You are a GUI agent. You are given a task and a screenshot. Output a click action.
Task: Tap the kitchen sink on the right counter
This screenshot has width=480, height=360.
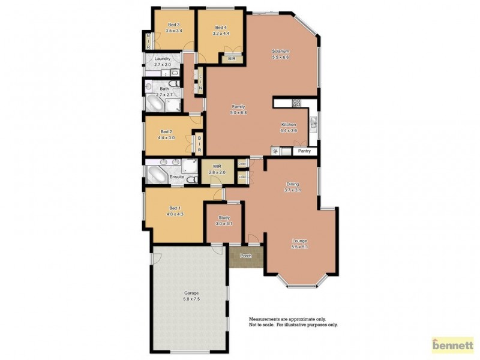313,124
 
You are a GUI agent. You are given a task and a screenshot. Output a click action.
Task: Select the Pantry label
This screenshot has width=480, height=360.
305,151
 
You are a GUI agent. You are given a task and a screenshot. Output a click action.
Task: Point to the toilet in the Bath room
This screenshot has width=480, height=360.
173,83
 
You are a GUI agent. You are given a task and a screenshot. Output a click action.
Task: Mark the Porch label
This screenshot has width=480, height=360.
245,256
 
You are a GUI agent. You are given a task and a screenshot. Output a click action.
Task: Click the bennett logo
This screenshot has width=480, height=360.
452,346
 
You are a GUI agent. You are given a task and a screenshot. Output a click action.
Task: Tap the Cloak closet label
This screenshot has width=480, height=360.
242,163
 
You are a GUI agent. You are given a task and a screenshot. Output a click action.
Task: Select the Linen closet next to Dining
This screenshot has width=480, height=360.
242,176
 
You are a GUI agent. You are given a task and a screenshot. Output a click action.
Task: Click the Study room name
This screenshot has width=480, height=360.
224,218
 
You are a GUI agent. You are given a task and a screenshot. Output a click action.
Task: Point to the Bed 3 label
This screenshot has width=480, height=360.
173,24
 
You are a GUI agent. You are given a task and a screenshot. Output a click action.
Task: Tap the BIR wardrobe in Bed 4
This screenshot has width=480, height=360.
231,59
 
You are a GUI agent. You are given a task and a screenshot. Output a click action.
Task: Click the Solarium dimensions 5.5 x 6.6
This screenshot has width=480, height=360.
281,58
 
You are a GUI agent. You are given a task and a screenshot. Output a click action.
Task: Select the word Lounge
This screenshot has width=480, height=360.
299,241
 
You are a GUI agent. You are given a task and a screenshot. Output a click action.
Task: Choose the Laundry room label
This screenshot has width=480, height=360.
163,58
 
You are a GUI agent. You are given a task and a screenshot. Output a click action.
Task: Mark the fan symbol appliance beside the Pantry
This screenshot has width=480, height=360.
276,151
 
